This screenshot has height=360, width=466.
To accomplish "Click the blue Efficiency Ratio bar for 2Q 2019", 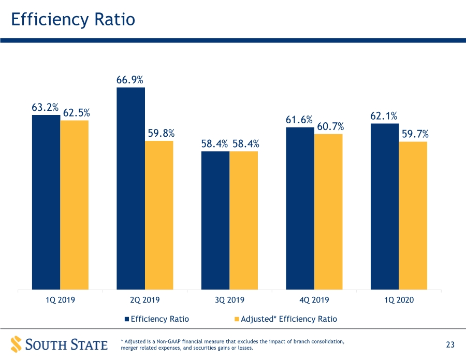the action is pyautogui.click(x=131, y=189).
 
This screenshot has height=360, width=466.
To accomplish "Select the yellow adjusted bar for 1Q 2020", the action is pyautogui.click(x=413, y=215).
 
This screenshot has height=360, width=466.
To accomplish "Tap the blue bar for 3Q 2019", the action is pyautogui.click(x=215, y=220).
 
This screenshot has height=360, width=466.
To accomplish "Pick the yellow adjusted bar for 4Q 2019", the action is pyautogui.click(x=328, y=212).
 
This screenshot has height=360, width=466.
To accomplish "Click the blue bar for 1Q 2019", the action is pyautogui.click(x=46, y=202).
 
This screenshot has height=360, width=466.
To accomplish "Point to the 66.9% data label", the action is pyautogui.click(x=130, y=80).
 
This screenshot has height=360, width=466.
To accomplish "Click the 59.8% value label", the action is pyautogui.click(x=161, y=133).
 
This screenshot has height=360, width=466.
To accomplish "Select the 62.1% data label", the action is pyautogui.click(x=384, y=116).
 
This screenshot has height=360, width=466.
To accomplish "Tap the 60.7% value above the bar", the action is pyautogui.click(x=330, y=126).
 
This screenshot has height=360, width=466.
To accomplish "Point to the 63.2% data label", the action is pyautogui.click(x=45, y=107).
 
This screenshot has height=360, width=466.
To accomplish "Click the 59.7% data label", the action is pyautogui.click(x=415, y=134).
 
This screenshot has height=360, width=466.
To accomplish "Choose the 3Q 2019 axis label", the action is pyautogui.click(x=229, y=299).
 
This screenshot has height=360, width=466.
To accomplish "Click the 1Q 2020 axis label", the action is pyautogui.click(x=399, y=299).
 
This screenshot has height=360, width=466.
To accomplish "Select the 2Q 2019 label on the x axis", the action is pyautogui.click(x=145, y=299).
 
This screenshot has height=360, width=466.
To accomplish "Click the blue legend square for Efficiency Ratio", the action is pyautogui.click(x=127, y=319).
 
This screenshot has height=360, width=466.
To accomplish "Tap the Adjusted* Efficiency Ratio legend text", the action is pyautogui.click(x=289, y=319).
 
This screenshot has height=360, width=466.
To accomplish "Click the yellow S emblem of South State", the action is pyautogui.click(x=17, y=344).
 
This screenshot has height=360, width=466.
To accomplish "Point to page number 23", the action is pyautogui.click(x=450, y=344).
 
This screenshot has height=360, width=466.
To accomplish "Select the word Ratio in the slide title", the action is pyautogui.click(x=115, y=19).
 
